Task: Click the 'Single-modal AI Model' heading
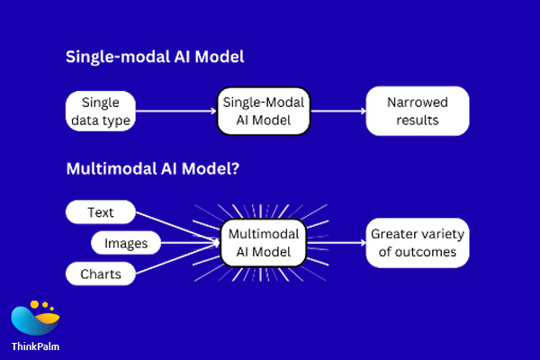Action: (155, 57)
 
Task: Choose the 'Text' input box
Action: (100, 213)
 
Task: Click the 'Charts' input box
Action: (100, 273)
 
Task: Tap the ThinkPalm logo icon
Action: (35, 317)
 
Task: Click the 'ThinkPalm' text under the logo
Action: (35, 346)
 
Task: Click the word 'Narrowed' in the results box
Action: (418, 102)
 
